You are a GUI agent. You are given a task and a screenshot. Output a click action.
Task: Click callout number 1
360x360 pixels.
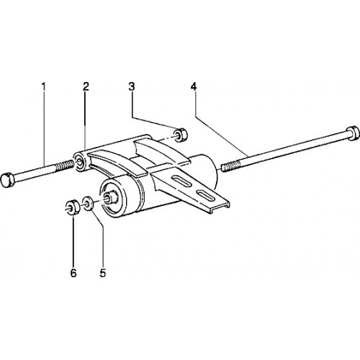pyautogui.click(x=43, y=86)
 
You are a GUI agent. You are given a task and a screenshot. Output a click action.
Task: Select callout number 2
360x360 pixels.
pyautogui.click(x=86, y=86)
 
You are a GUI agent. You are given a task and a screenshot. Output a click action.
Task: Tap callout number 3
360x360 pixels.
pyautogui.click(x=131, y=86)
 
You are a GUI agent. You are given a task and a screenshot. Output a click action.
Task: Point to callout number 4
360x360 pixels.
pyautogui.click(x=194, y=86)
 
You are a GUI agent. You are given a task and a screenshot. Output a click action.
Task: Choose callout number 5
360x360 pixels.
pyautogui.click(x=103, y=273)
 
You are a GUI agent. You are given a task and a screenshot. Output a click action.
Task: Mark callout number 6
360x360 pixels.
pyautogui.click(x=73, y=273)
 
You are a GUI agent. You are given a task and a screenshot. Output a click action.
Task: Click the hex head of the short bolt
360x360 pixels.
pyautogui.click(x=7, y=180)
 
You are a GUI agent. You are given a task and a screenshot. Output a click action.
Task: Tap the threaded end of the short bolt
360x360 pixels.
pyautogui.click(x=65, y=166)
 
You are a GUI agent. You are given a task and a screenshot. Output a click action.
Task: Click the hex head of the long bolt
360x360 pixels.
pyautogui.click(x=352, y=133)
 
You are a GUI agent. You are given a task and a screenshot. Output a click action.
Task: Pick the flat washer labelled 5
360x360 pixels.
pyautogui.click(x=88, y=203)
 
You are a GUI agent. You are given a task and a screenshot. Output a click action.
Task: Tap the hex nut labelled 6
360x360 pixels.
pyautogui.click(x=72, y=207)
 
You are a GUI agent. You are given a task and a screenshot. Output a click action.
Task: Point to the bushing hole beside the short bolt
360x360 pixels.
pyautogui.click(x=78, y=161)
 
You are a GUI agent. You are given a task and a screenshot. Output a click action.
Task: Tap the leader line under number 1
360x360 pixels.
pyautogui.click(x=44, y=128)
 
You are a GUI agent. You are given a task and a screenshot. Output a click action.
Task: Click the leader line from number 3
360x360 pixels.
pyautogui.click(x=155, y=125)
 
